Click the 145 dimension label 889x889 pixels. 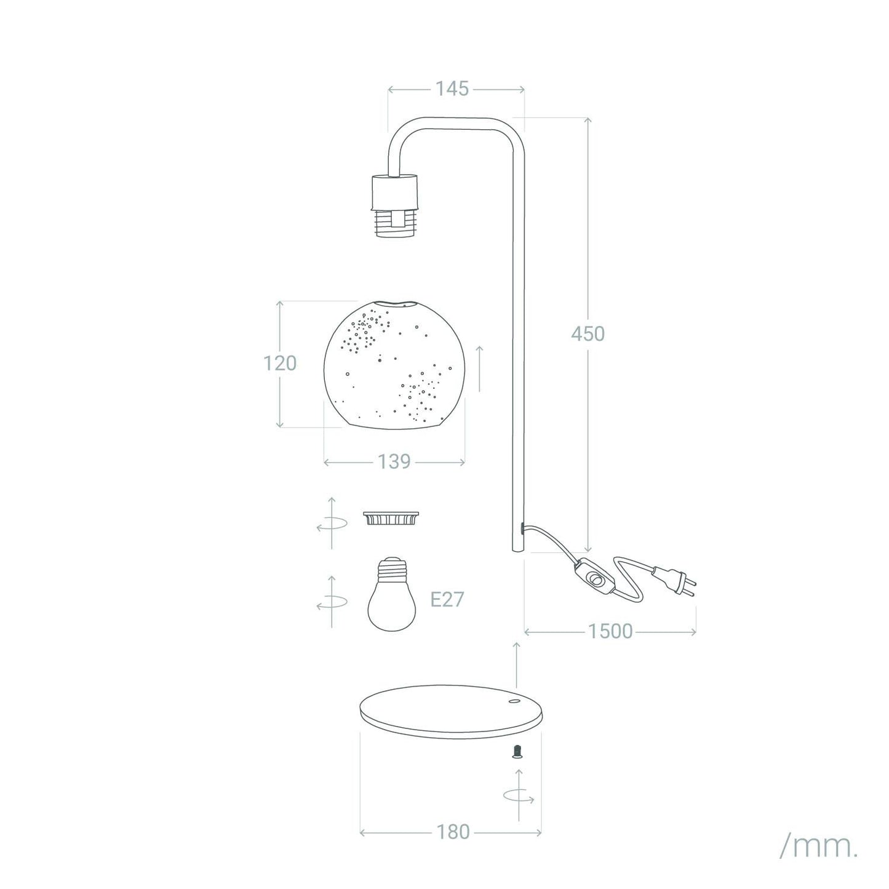click(452, 89)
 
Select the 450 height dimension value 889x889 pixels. click(588, 333)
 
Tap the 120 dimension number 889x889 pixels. click(279, 364)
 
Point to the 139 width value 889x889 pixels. click(394, 461)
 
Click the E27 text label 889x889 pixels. click(447, 600)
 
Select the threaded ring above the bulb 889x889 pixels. click(391, 518)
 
